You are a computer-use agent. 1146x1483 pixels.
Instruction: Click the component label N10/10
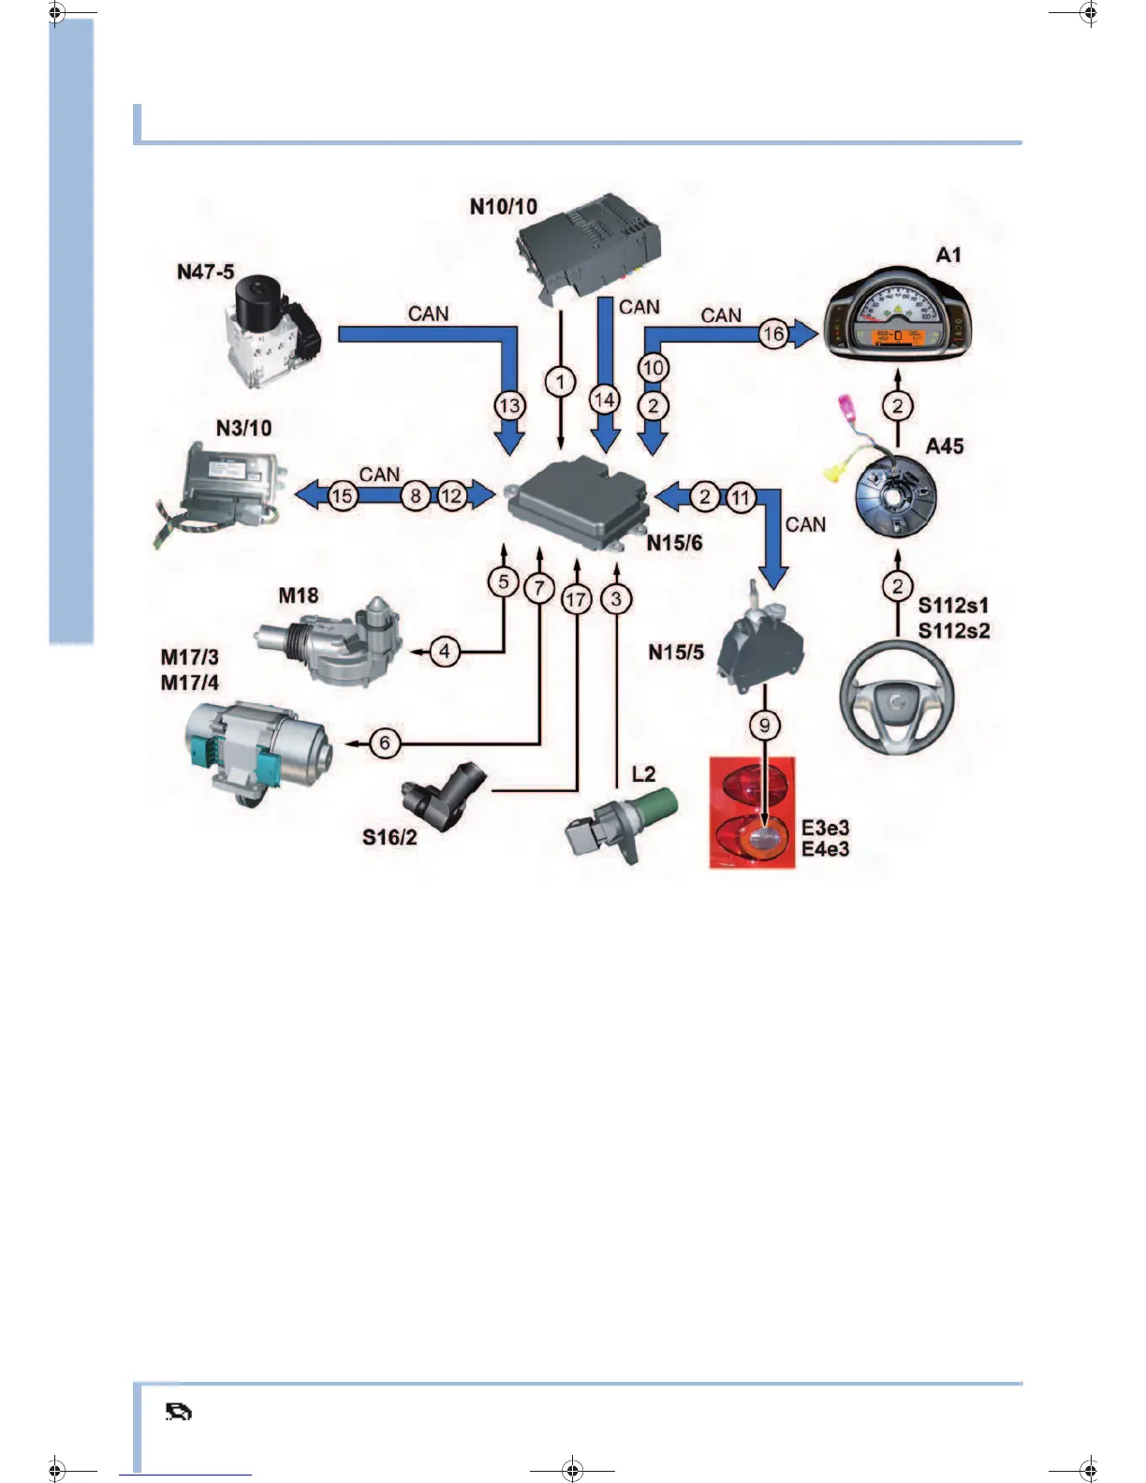[x=504, y=207]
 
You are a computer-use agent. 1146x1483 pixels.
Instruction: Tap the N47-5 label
[x=205, y=272]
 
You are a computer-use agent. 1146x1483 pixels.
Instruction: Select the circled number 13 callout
[x=509, y=406]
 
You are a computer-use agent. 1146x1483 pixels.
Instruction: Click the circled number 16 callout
[x=773, y=333]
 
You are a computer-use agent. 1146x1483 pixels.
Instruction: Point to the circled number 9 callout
[x=765, y=725]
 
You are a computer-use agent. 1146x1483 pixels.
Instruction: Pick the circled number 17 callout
[x=577, y=600]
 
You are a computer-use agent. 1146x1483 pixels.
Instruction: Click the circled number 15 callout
[x=343, y=496]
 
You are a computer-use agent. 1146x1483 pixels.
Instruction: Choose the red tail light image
[x=753, y=813]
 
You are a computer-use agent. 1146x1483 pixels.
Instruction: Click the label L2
[x=644, y=774]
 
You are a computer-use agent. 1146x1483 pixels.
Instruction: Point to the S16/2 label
[x=389, y=837]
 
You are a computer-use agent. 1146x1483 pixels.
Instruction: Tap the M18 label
[x=299, y=596]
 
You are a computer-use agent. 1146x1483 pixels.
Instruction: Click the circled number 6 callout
[x=385, y=743]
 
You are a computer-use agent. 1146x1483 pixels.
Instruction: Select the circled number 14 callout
[x=605, y=400]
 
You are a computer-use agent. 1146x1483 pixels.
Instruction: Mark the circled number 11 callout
[x=741, y=497]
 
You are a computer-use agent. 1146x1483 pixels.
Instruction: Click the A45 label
[x=945, y=447]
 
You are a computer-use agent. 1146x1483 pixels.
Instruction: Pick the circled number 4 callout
[x=445, y=651]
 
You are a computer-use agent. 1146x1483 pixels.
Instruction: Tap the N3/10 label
[x=243, y=429]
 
